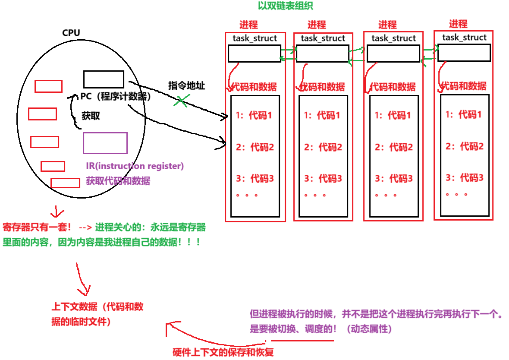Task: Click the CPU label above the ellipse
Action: click(71, 33)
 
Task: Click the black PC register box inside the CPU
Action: click(104, 79)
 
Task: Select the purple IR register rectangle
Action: click(105, 143)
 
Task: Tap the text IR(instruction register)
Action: click(135, 166)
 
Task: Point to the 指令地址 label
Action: click(186, 85)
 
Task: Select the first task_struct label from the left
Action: click(255, 38)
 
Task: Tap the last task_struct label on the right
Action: click(464, 38)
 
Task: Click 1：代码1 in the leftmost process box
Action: click(254, 116)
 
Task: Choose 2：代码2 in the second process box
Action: click(323, 147)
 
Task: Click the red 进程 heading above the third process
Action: click(387, 25)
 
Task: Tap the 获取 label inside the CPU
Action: click(91, 116)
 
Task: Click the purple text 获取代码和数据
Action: click(118, 181)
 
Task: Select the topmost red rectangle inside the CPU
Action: click(48, 86)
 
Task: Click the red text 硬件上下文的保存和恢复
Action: click(223, 352)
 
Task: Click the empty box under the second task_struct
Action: click(322, 54)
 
